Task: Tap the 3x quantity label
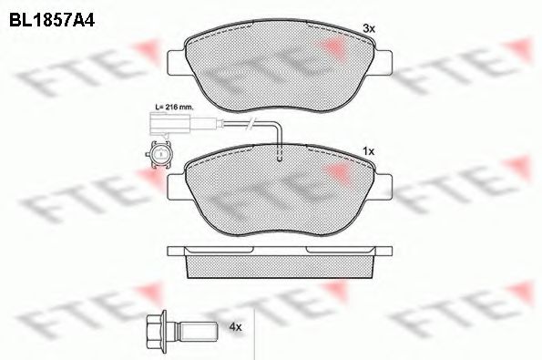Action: click(369, 30)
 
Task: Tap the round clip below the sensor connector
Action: click(159, 158)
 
